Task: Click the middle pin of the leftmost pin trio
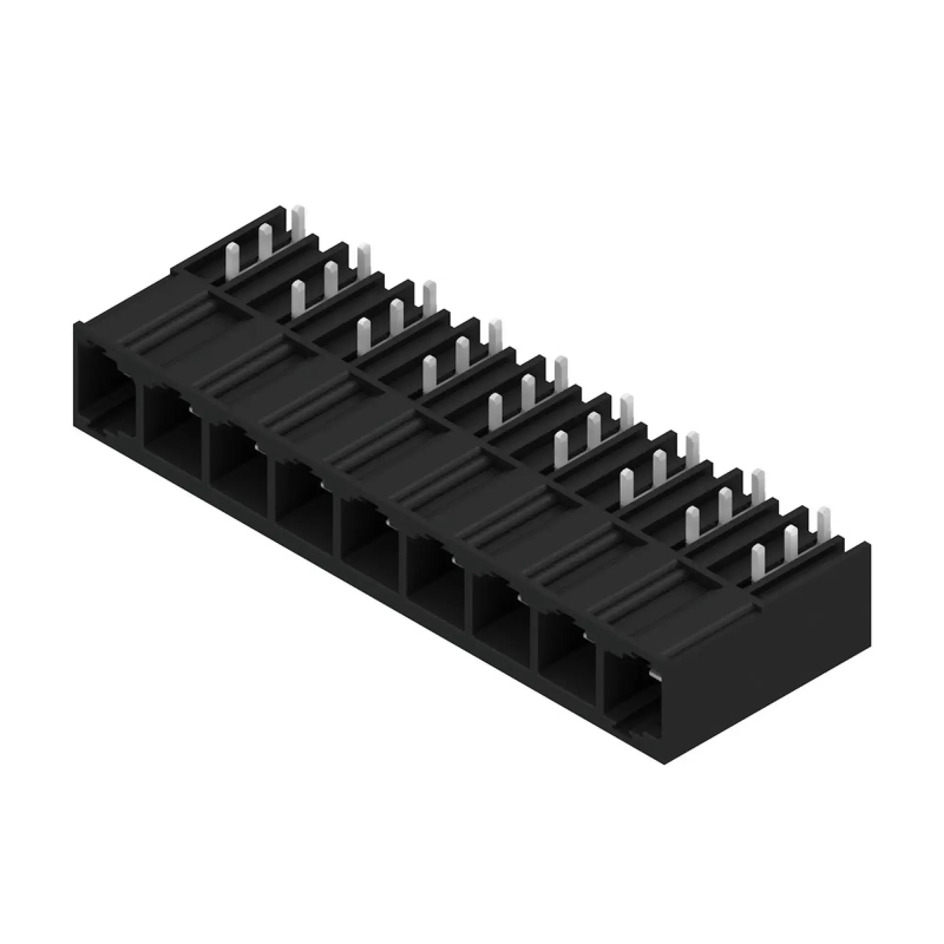pos(265,242)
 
